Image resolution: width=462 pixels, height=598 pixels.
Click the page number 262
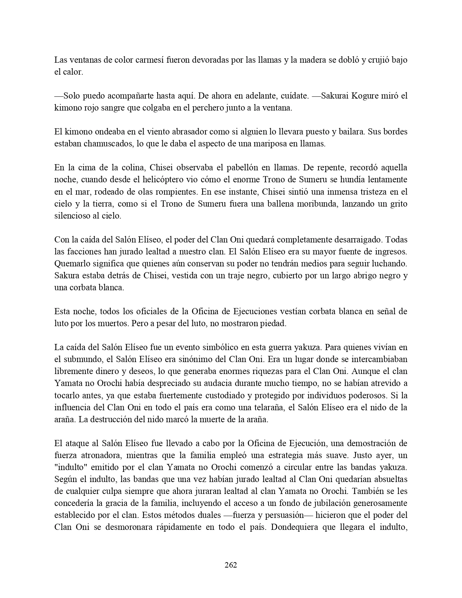(x=231, y=565)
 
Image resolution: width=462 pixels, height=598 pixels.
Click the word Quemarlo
(x=72, y=263)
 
